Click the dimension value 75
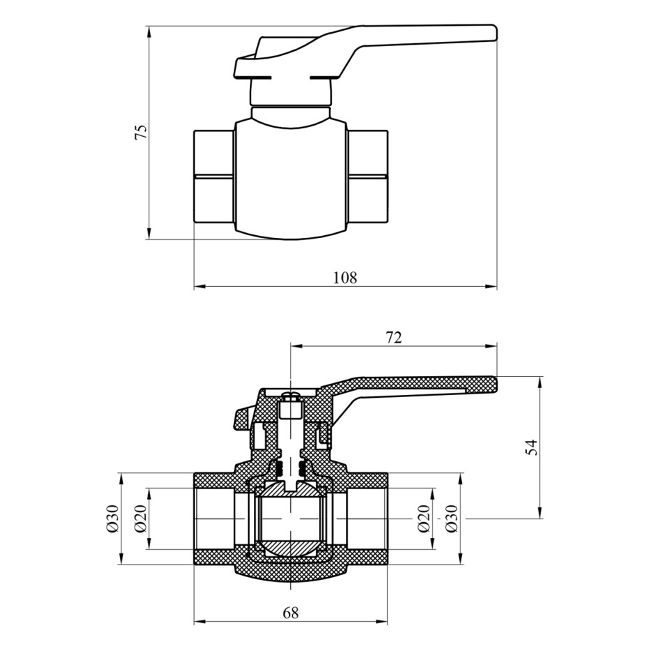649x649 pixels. tap(141, 132)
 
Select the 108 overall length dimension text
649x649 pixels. tap(345, 277)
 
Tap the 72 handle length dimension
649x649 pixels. tap(394, 338)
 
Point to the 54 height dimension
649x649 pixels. tap(532, 447)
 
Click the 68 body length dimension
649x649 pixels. tap(290, 612)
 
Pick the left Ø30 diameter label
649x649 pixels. tap(113, 519)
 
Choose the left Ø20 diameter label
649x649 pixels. tap(140, 519)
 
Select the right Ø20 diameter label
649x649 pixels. tap(424, 519)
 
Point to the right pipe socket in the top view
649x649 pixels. tap(367, 177)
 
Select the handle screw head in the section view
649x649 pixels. tap(291, 396)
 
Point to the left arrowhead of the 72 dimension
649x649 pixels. tap(297, 346)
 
